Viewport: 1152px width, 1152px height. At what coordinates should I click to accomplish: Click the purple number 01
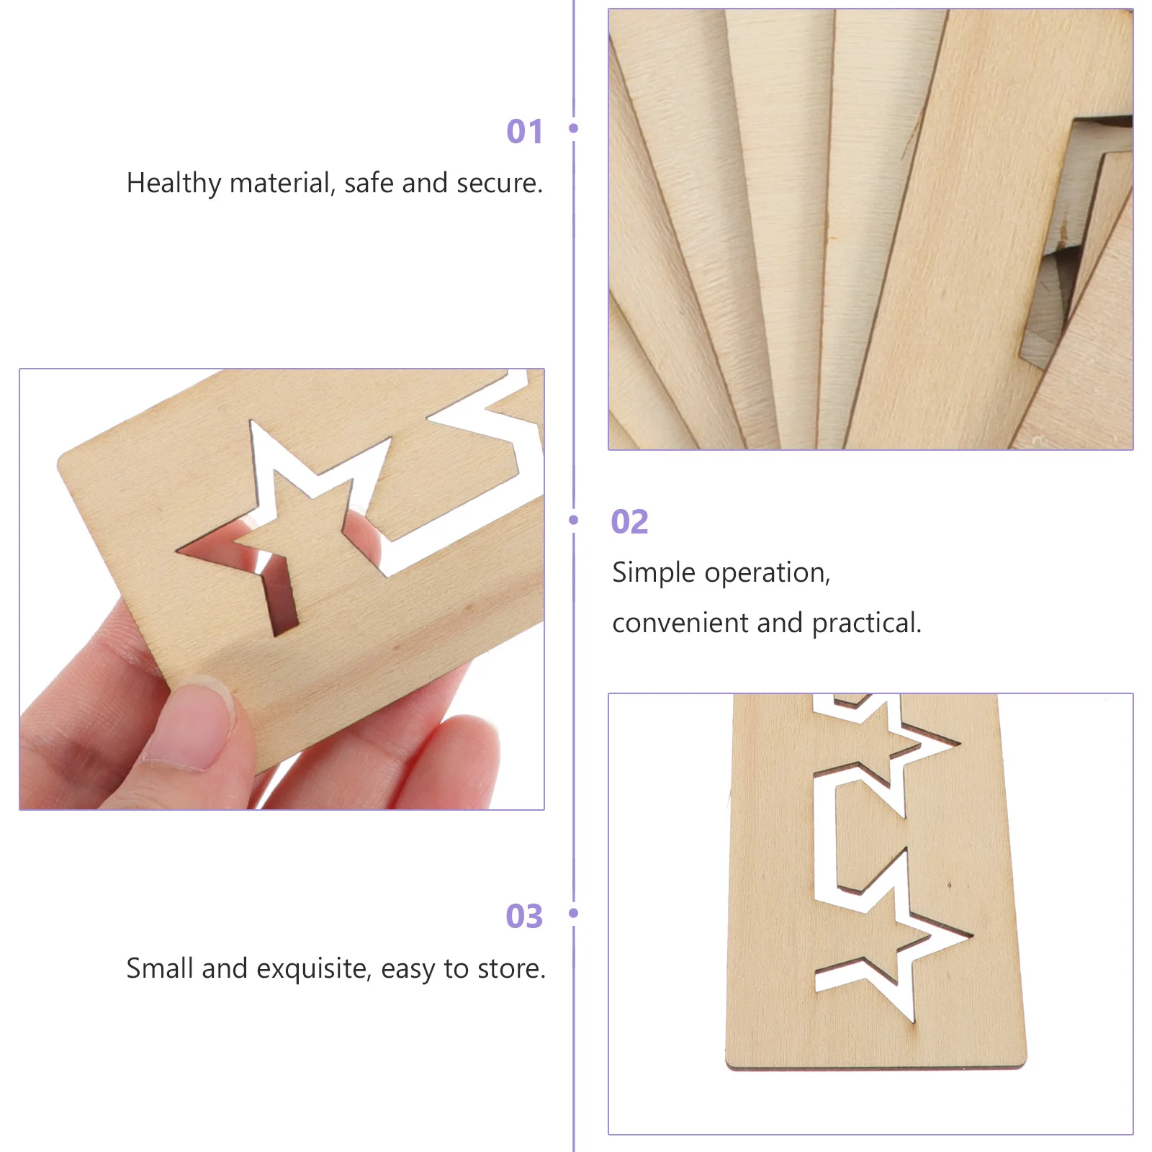[x=524, y=132]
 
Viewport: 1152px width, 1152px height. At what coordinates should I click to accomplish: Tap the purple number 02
[x=629, y=522]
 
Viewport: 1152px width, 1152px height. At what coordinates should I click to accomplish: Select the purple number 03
[x=524, y=917]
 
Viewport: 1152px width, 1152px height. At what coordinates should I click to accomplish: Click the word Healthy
[x=174, y=184]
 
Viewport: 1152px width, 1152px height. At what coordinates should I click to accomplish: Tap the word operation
[x=767, y=573]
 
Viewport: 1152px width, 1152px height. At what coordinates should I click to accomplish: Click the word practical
[x=866, y=624]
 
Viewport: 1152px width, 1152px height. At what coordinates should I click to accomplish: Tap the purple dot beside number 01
[x=574, y=128]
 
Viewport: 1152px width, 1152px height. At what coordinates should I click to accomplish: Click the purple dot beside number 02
[x=574, y=520]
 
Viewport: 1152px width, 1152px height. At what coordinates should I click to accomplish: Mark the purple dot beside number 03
[x=574, y=913]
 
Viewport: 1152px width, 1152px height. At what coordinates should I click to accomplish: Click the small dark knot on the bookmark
[x=949, y=885]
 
